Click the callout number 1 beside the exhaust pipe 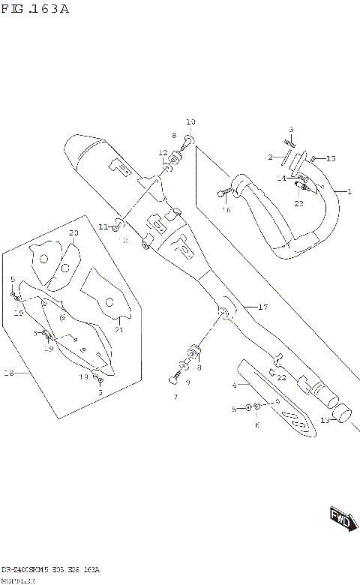[x=348, y=192]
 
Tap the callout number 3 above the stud [x=291, y=130]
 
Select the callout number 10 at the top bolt [x=190, y=121]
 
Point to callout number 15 [x=331, y=158]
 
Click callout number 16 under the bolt [x=226, y=211]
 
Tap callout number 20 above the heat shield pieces [x=73, y=233]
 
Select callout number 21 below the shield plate [x=118, y=329]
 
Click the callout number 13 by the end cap [x=324, y=421]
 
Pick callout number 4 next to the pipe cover [x=234, y=385]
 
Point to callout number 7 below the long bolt [x=174, y=397]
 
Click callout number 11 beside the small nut [x=103, y=226]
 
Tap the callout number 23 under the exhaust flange [x=298, y=203]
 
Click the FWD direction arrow [x=340, y=519]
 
